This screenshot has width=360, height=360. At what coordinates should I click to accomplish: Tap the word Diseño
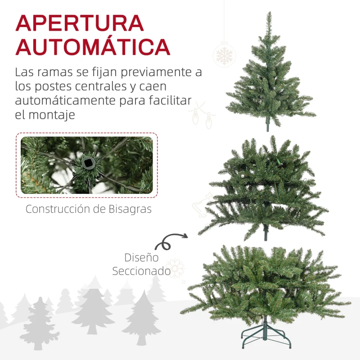click(141, 258)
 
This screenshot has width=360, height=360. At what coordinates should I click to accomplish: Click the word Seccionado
click(141, 271)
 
